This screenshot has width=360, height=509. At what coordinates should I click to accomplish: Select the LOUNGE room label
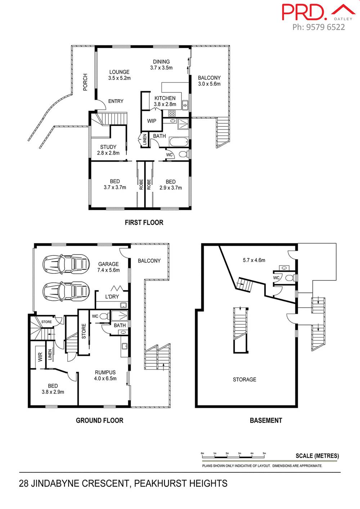(119, 72)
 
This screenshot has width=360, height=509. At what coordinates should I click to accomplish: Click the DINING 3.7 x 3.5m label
(161, 64)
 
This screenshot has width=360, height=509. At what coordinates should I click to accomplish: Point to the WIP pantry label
(152, 121)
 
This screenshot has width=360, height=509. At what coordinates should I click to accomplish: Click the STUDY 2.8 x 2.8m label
(108, 150)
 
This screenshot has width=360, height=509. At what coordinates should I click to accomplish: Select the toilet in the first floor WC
(183, 155)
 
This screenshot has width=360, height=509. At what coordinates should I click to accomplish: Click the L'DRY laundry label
(112, 297)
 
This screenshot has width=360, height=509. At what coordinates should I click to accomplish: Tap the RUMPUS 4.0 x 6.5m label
(105, 375)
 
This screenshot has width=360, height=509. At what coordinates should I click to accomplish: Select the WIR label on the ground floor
(40, 357)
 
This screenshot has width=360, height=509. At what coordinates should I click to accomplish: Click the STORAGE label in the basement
(244, 380)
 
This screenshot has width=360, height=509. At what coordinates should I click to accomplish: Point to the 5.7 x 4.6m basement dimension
(254, 260)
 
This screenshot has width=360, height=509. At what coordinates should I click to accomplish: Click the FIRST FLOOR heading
(144, 223)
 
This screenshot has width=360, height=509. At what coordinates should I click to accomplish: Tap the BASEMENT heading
(266, 420)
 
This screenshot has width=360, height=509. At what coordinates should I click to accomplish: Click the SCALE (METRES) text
(317, 456)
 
